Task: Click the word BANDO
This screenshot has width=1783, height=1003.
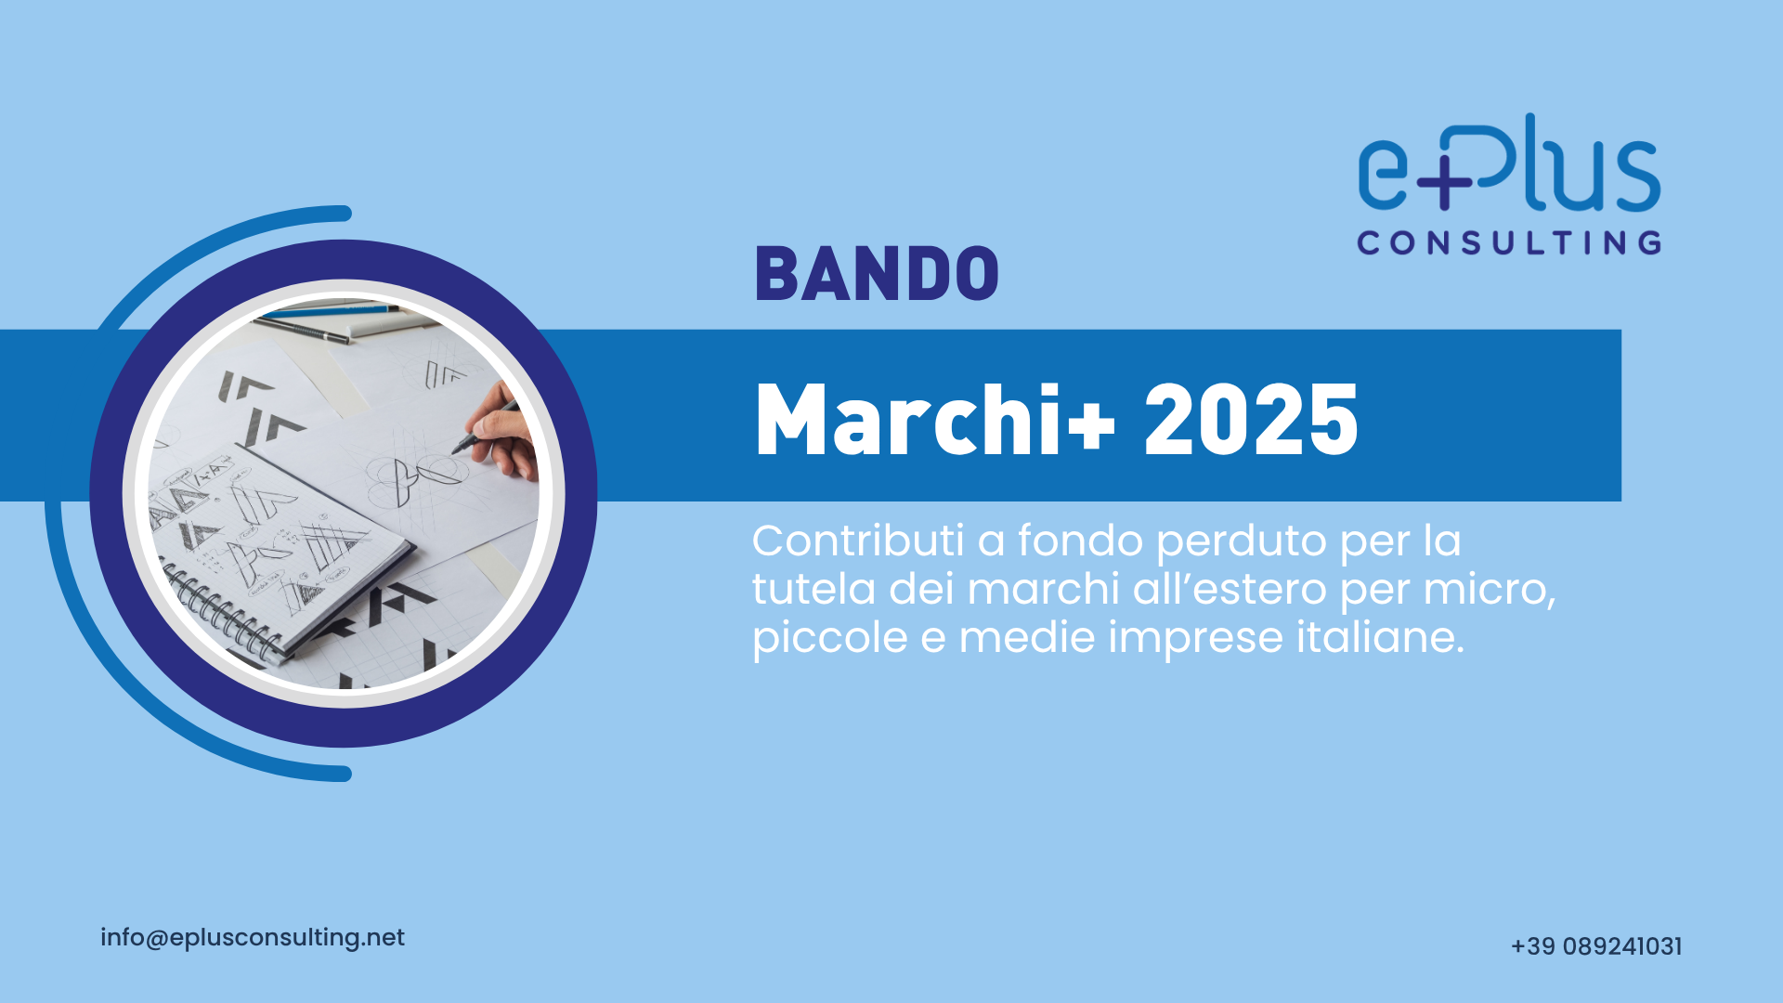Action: (x=877, y=274)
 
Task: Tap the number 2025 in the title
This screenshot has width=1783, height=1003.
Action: (x=1251, y=421)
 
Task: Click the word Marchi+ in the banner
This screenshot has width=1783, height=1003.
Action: (x=935, y=421)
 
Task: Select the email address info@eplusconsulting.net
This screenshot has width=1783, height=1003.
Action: (x=253, y=938)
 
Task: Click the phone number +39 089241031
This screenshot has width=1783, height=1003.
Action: (x=1596, y=946)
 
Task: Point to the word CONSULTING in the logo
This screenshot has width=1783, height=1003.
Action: (x=1509, y=243)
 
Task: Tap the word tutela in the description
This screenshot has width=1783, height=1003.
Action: (x=813, y=589)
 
